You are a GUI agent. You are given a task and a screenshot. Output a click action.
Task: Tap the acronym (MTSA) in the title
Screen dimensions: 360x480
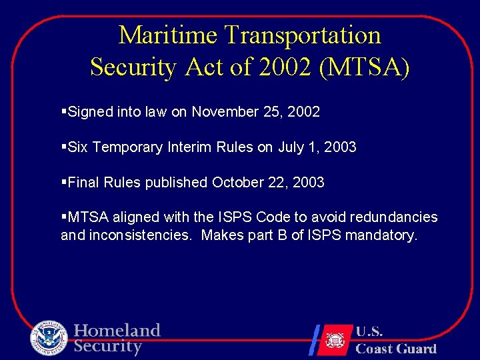coord(365,67)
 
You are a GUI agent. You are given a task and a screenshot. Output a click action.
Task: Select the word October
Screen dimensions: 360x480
coord(238,182)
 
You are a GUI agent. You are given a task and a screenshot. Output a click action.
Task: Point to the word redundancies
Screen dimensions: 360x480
coord(395,217)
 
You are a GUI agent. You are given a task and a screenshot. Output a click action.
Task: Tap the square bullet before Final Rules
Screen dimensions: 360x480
coord(63,182)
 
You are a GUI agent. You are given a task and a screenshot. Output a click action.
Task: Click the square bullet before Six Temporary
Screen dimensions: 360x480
coord(63,147)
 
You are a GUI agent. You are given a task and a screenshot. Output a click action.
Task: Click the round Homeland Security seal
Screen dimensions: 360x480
coord(49,338)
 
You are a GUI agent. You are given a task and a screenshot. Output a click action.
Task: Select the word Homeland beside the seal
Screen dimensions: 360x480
coord(117,331)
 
